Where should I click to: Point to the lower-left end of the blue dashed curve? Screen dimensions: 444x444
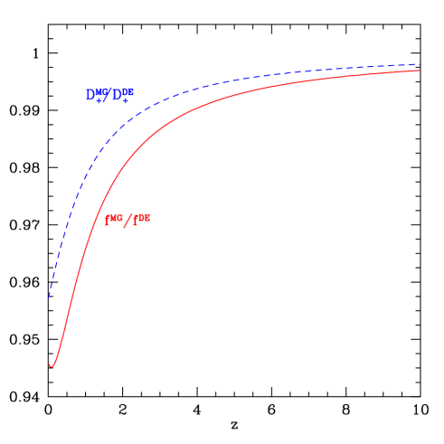[x=49, y=297]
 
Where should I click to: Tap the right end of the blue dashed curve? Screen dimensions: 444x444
[x=420, y=64]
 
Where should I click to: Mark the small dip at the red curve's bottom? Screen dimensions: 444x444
[x=52, y=365]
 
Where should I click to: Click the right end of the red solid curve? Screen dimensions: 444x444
[x=420, y=71]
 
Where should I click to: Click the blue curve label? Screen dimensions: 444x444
[x=109, y=94]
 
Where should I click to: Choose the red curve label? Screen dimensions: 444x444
[x=128, y=219]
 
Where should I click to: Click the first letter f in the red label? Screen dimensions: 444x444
[x=109, y=220]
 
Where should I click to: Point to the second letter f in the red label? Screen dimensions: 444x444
[x=136, y=220]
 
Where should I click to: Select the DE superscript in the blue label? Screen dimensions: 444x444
[x=128, y=90]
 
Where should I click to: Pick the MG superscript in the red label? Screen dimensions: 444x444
[x=117, y=216]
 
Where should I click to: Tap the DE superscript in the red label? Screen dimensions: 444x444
[x=144, y=216]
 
